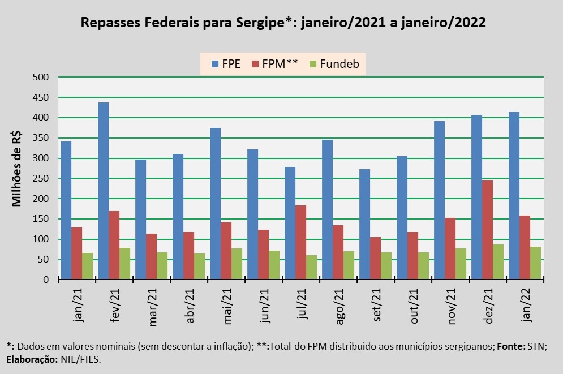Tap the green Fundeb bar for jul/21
[311, 267]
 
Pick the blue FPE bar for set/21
[364, 224]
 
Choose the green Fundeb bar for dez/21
[498, 262]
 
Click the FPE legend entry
[225, 63]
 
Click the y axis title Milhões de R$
[17, 169]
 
